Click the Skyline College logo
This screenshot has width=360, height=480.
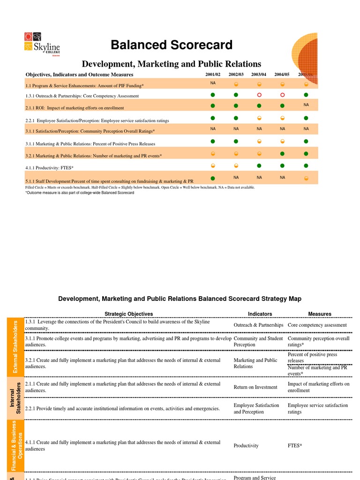click(42, 44)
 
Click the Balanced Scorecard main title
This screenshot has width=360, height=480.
click(172, 45)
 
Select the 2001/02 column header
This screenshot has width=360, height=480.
click(213, 75)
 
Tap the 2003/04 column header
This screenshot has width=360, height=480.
click(259, 75)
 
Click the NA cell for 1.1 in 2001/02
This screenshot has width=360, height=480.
click(213, 83)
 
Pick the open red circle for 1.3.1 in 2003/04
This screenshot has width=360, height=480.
click(259, 95)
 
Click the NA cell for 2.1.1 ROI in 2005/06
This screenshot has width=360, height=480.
click(306, 105)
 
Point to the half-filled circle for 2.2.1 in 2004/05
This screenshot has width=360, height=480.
click(282, 118)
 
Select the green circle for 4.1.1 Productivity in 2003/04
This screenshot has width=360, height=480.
click(259, 165)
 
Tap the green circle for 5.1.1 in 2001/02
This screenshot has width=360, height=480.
click(213, 179)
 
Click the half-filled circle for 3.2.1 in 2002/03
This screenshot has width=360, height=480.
click(236, 153)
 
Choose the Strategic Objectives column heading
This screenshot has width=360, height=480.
click(128, 314)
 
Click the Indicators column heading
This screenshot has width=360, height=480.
click(260, 314)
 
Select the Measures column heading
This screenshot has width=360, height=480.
click(320, 314)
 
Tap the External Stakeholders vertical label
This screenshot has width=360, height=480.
click(15, 347)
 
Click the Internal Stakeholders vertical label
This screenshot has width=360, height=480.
click(15, 398)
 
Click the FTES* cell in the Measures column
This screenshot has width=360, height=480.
click(295, 445)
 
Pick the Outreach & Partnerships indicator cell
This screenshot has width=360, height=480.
click(258, 325)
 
